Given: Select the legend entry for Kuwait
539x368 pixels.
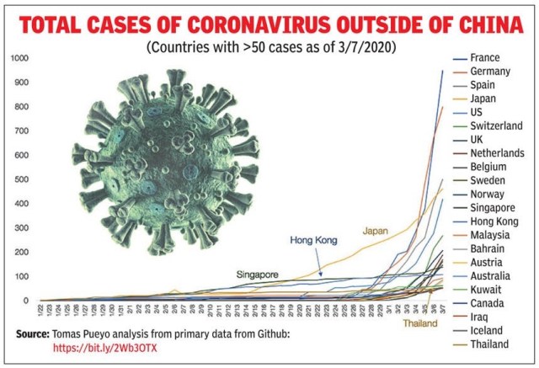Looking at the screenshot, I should pyautogui.click(x=488, y=289).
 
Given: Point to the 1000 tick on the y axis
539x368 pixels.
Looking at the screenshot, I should pyautogui.click(x=19, y=58).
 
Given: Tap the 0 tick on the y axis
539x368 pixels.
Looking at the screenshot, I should pyautogui.click(x=26, y=301).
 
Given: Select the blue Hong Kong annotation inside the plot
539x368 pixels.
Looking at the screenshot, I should pyautogui.click(x=313, y=240).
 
